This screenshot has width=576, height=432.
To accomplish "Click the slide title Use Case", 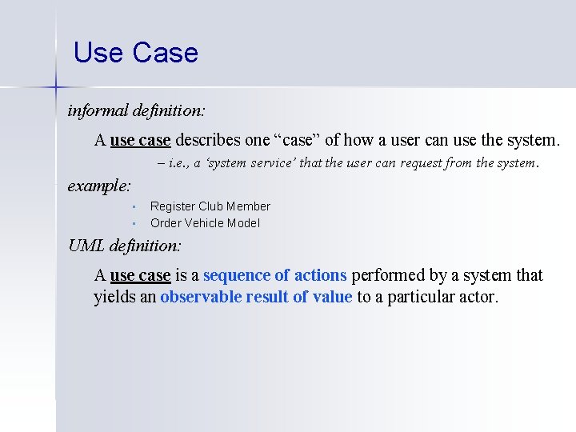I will [135, 54].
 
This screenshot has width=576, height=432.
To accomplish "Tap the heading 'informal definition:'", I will [136, 110].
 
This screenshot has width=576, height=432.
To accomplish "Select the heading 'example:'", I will [99, 186].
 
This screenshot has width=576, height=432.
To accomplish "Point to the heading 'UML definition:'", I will [125, 246].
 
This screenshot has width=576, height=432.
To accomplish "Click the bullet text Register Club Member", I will [210, 206].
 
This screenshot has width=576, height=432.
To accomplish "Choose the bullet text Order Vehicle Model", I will [205, 223].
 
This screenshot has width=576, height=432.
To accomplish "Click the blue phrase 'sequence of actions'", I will [274, 275].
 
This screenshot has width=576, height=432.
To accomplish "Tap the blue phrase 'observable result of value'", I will [256, 298].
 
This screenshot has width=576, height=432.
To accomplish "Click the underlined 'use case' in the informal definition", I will [140, 141].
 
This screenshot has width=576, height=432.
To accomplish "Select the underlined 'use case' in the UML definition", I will [140, 275].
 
